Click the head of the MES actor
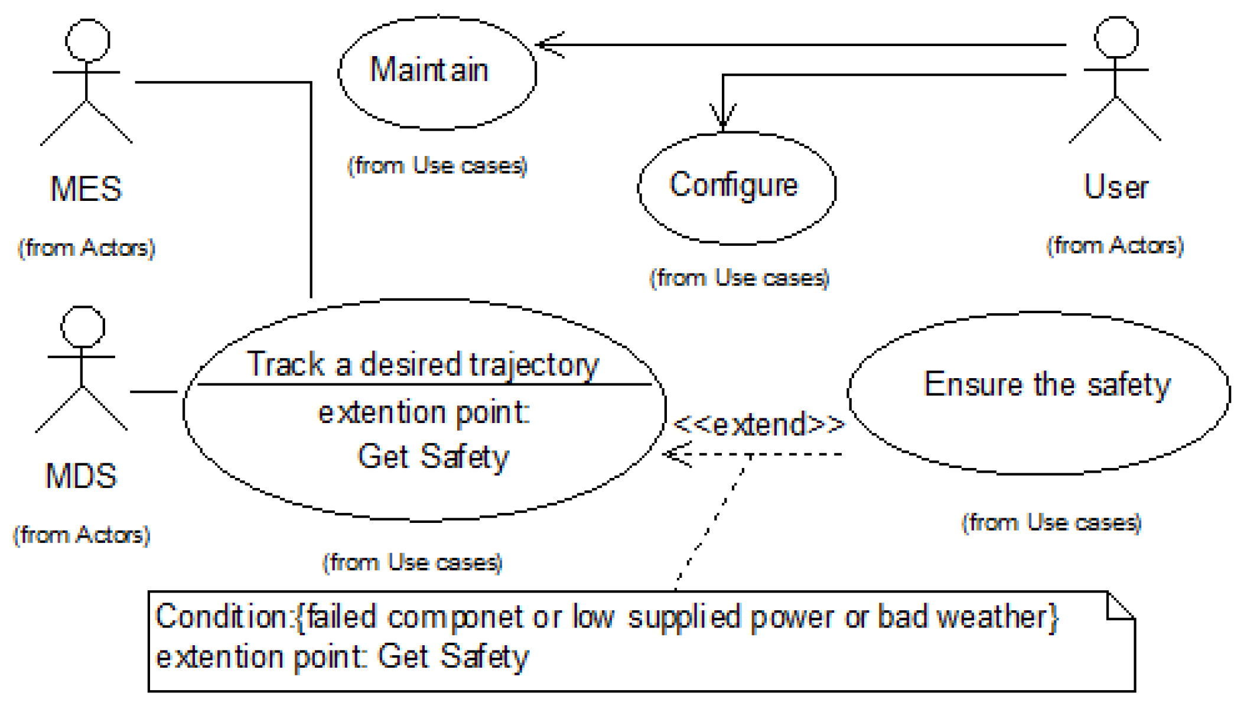[87, 40]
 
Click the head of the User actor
[1116, 37]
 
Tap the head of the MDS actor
[83, 327]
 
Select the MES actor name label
[86, 190]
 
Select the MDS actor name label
[82, 476]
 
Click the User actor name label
[1116, 187]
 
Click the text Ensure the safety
[1047, 385]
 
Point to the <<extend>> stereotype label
[759, 424]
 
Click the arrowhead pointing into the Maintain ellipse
[546, 45]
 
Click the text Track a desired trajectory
[422, 365]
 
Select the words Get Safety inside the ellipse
[433, 457]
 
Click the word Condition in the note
[222, 617]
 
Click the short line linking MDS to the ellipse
[154, 391]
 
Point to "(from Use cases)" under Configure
[740, 278]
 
